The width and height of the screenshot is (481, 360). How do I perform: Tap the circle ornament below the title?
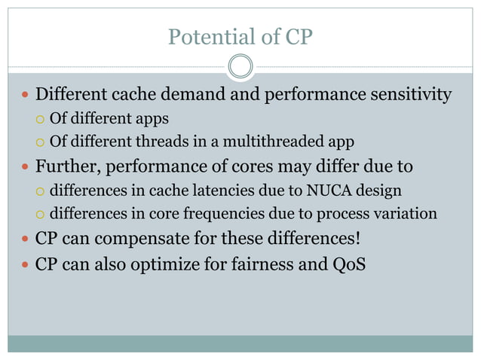pyautogui.click(x=240, y=66)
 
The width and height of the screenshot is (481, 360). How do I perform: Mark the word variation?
pyautogui.click(x=405, y=214)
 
